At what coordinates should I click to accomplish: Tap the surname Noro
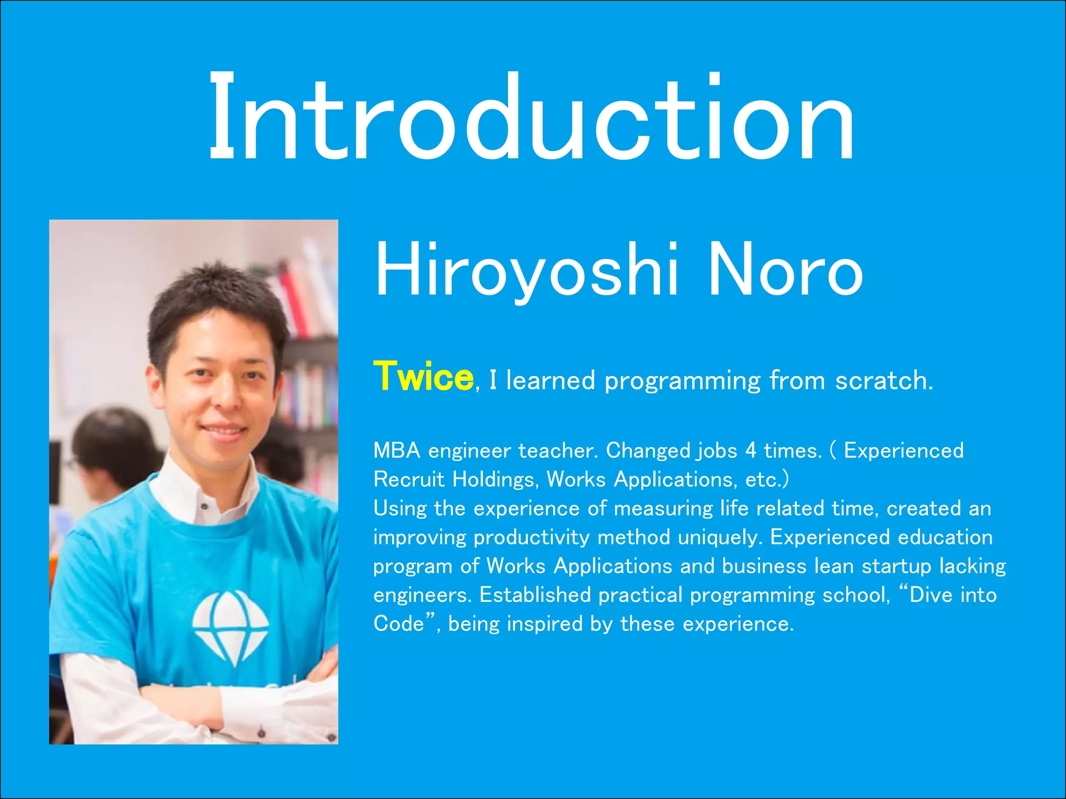pyautogui.click(x=785, y=270)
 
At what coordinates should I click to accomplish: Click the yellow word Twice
pyautogui.click(x=423, y=377)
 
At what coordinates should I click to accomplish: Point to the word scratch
pyautogui.click(x=883, y=381)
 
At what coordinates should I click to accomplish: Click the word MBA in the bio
pyautogui.click(x=396, y=450)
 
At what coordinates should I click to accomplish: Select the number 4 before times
pyautogui.click(x=751, y=450)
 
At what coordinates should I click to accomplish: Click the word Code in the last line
pyautogui.click(x=398, y=624)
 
